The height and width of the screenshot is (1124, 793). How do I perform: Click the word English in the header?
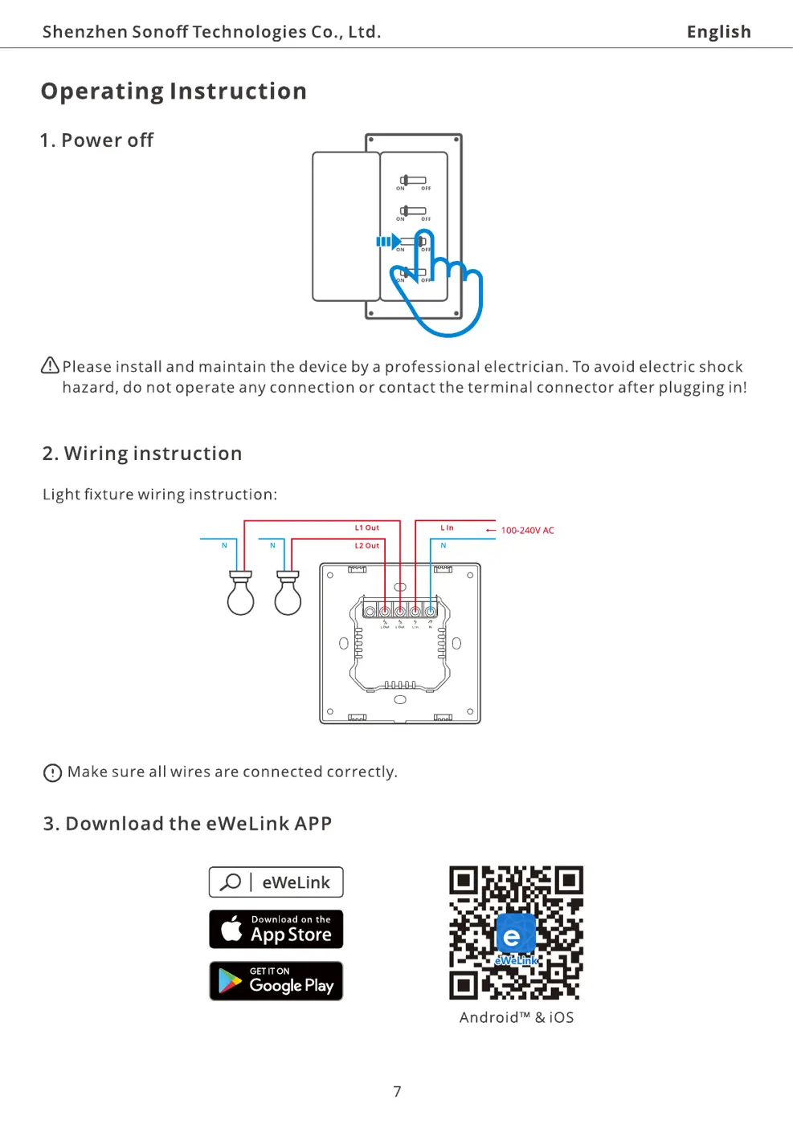pos(718,32)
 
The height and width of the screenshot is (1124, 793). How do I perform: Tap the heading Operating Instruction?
pos(174,92)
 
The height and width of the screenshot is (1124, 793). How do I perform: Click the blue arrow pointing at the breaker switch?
pos(388,242)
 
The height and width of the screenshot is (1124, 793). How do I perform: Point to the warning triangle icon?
pos(50,366)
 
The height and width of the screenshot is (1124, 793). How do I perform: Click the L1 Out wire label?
pos(366,528)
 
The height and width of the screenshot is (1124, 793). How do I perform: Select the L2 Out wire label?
pos(366,546)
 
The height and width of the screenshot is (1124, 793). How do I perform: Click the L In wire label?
pos(447,528)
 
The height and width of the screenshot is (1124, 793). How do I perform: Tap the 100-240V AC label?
pos(527,531)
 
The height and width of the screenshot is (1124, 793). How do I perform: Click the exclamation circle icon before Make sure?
pos(52,773)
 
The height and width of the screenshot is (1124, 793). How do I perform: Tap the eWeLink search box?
pos(276,882)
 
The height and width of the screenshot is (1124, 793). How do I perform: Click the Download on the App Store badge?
pos(276,930)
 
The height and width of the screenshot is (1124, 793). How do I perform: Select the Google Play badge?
pos(276,981)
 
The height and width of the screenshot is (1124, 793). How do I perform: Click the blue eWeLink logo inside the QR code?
pos(515,935)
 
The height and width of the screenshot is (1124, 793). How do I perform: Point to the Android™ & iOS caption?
pos(517,1018)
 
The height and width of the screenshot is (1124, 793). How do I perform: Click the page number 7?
pos(397,1092)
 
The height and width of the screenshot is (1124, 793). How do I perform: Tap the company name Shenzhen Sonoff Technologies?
pos(211,32)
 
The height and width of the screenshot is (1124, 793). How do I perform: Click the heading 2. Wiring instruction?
pos(142,454)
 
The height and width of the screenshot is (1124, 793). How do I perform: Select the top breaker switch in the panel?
pos(413,181)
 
